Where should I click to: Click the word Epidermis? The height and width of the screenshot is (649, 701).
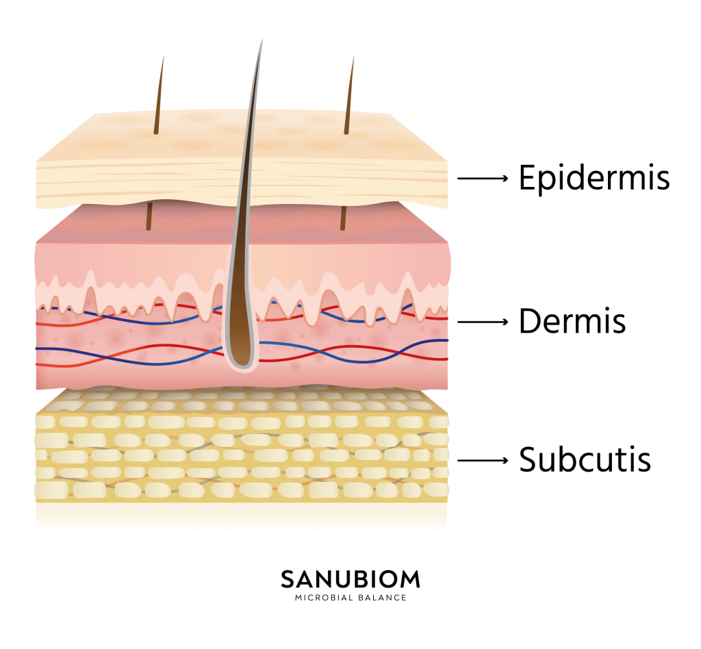pos(594,178)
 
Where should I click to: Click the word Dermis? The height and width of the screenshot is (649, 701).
pos(572,320)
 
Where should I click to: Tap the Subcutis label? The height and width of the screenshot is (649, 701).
pos(585,459)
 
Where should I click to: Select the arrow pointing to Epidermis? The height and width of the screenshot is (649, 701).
pos(483,179)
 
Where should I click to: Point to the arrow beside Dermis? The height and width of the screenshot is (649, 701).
pos(483,320)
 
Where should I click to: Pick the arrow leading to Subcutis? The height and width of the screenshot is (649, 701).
pos(483,460)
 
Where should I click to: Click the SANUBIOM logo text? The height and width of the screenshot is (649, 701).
pos(350,579)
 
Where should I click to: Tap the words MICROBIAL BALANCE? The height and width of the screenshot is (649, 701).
pos(350,598)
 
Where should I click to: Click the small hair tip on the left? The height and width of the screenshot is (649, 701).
pos(163,59)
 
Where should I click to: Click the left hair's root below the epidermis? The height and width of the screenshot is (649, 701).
pos(149,218)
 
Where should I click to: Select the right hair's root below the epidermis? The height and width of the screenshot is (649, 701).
pos(344,218)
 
